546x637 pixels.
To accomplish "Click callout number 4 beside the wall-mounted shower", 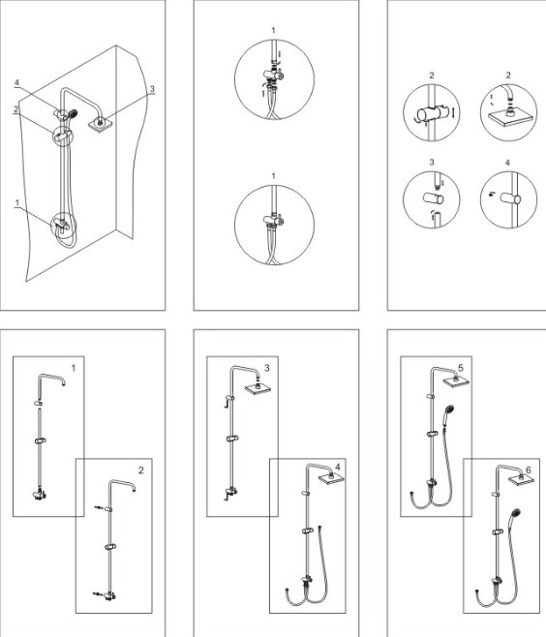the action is pos(16,83).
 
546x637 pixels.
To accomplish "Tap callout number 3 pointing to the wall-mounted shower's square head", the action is pos(152,88).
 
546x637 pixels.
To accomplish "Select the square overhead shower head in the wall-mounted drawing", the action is pos(100,124).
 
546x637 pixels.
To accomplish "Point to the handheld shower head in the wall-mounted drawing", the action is pos(73,113).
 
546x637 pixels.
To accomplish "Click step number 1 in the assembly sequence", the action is pos(74,368).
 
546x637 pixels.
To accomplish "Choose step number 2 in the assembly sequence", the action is pos(141,470).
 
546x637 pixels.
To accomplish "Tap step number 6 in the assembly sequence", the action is pos(529,470).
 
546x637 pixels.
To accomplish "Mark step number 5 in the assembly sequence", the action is pos(460,368).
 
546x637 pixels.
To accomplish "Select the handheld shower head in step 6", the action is pos(516,513).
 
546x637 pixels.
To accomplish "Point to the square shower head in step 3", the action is pos(258,388).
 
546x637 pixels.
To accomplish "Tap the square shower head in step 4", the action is pos(331,478).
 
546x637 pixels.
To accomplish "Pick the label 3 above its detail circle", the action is pos(432,163).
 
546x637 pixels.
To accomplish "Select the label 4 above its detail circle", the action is pos(507,163).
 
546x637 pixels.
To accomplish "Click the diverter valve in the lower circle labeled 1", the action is pos(273,220).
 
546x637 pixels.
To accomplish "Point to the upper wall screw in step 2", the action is pos(99,508).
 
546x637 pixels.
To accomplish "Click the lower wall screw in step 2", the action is pos(98,594).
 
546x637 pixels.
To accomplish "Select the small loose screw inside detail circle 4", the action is pos(492,194).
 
